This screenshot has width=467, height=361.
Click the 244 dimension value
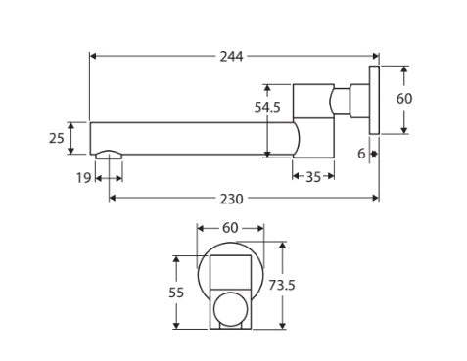click(231, 57)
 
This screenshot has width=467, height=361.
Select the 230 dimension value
click(231, 199)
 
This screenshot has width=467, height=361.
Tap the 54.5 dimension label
click(267, 107)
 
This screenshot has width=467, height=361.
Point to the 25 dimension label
click(57, 138)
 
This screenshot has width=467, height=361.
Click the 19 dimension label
click(83, 178)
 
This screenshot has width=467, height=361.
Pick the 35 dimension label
click(313, 177)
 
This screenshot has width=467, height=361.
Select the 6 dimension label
click(361, 154)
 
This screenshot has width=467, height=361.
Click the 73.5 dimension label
click(282, 286)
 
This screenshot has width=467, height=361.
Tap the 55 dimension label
click(176, 293)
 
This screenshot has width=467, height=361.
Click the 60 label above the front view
click(230, 228)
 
